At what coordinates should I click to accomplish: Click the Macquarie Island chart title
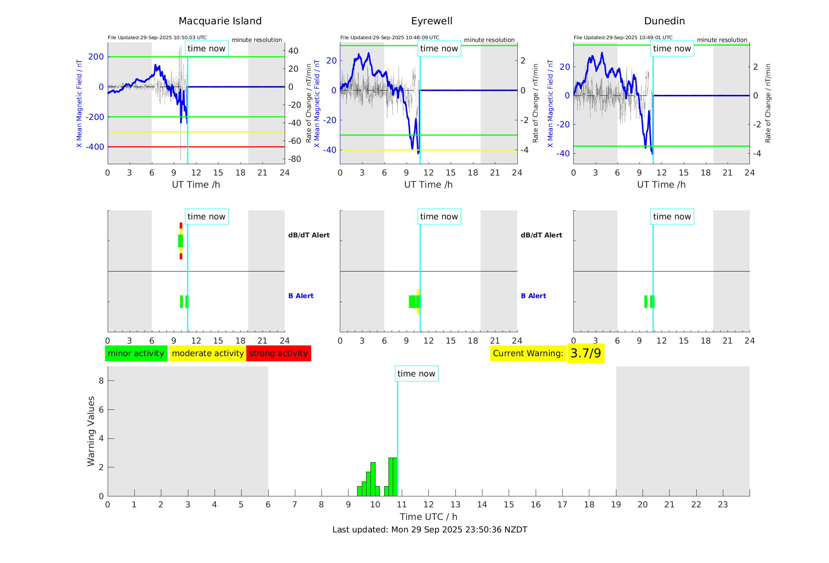pos(220,21)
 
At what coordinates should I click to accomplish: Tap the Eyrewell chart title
pos(432,21)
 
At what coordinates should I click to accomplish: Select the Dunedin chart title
pos(664,21)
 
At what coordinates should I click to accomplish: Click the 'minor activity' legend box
pos(136,353)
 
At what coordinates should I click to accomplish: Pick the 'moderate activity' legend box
pos(208,353)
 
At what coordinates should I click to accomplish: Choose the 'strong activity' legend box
pos(278,353)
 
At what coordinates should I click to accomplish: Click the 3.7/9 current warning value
pos(585,353)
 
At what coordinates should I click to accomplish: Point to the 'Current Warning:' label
pos(528,353)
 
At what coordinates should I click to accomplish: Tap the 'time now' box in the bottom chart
pos(416,374)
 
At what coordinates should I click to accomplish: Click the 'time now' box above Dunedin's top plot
pos(672,49)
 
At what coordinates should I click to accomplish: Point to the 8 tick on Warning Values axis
pos(101,380)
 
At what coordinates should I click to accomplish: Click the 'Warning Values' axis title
pos(91,431)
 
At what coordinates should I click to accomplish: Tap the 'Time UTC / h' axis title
pos(428,517)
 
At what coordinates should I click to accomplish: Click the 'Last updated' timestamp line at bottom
pos(430,530)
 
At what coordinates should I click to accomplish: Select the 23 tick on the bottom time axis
pos(722,505)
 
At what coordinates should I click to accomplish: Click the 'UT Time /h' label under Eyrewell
pos(428,185)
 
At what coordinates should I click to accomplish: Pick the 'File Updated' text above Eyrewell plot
pos(390,38)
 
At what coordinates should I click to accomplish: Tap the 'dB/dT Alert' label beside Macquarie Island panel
pos(309,235)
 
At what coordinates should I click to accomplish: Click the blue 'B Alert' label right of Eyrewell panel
pos(533,296)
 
